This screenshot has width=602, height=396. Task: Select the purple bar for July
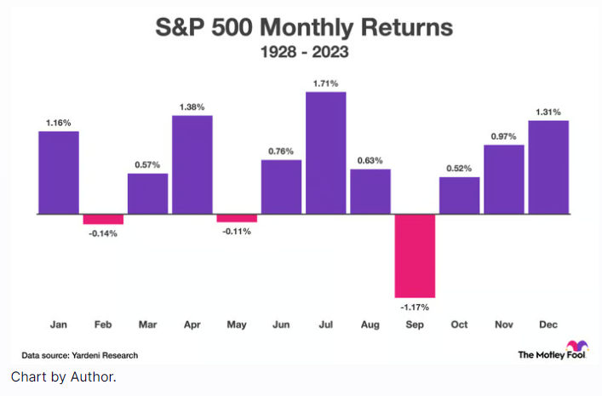tap(325, 153)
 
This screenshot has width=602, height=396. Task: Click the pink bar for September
tap(415, 255)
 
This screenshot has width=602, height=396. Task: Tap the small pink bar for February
tap(103, 220)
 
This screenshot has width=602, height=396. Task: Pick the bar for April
tap(192, 164)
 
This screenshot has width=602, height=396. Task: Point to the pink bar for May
tap(237, 218)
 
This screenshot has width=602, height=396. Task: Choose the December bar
tap(548, 167)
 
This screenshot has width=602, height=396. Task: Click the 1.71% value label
tap(325, 83)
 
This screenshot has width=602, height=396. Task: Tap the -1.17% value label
tap(415, 307)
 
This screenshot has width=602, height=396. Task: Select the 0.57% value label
tap(147, 164)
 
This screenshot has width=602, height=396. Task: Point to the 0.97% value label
tap(504, 136)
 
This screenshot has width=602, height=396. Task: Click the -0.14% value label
tap(103, 233)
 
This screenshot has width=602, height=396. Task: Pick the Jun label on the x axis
tap(281, 324)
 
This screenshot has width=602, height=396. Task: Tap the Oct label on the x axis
tap(459, 324)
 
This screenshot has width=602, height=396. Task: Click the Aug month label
tap(370, 325)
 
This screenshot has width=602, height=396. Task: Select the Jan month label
tap(59, 324)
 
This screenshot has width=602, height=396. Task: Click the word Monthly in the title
tap(306, 27)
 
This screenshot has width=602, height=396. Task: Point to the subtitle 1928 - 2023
tap(305, 52)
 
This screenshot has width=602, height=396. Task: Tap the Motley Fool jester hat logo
tap(577, 346)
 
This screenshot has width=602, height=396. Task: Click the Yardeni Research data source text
tap(105, 355)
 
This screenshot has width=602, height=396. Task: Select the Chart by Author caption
tap(63, 376)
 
